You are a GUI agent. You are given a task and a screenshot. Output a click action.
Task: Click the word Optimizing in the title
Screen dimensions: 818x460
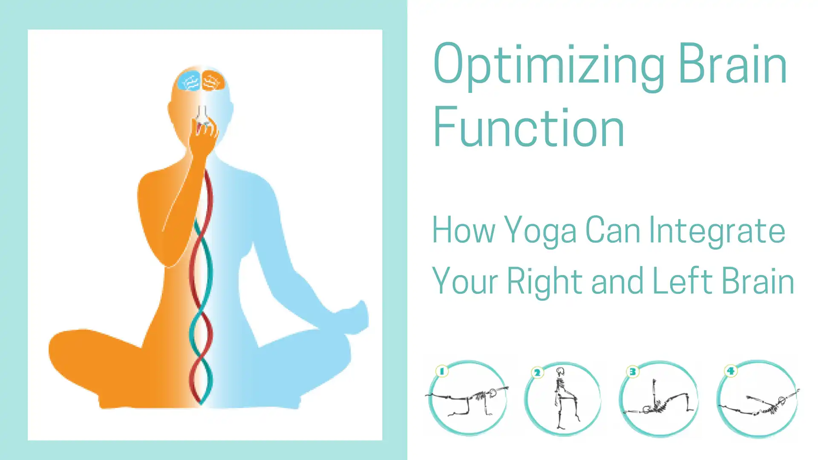(x=549, y=66)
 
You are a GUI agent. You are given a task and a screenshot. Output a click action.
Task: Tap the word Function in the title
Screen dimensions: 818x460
(x=529, y=127)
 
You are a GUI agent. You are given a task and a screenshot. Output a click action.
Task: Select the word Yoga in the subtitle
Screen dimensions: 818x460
(x=540, y=232)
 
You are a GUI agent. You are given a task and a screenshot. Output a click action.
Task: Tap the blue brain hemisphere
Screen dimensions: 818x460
(x=189, y=80)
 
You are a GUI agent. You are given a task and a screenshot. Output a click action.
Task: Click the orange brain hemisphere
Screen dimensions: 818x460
(x=213, y=80)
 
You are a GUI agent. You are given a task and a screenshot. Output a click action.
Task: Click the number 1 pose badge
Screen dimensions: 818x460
(x=442, y=371)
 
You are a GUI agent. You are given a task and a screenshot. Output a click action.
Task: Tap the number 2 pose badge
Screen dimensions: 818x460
(x=537, y=373)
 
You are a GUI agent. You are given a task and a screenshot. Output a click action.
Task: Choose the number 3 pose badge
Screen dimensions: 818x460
(x=633, y=372)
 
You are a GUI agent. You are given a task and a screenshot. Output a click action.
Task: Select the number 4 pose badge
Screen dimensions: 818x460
(x=731, y=371)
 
